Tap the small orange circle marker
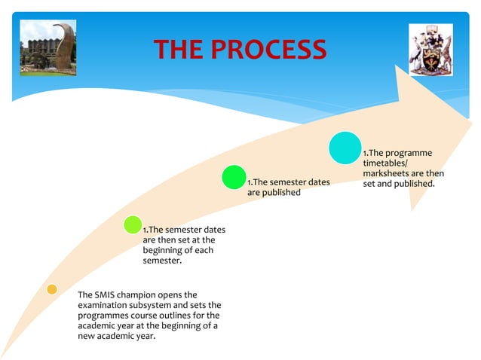51,289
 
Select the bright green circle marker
233,178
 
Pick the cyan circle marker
345,148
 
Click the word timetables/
384,163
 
